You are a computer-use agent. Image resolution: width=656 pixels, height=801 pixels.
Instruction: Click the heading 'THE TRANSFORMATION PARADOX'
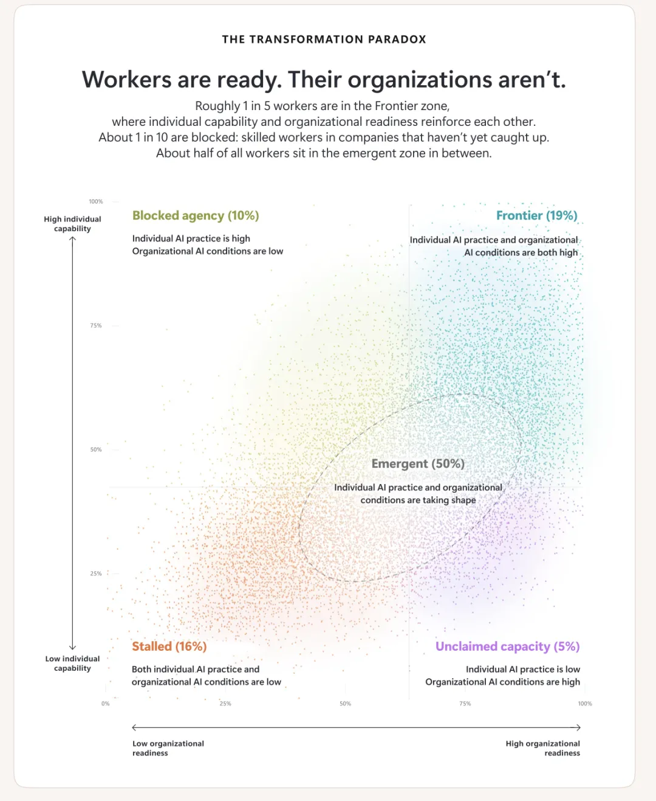[x=324, y=40]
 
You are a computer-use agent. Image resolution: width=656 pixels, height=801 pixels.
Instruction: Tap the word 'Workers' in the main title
[x=126, y=80]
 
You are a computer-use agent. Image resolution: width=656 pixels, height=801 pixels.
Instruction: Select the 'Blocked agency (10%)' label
[x=196, y=216]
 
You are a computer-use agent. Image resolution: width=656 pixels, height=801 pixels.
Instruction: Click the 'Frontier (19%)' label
[x=537, y=216]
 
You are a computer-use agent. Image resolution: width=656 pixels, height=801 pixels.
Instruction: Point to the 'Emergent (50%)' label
[x=418, y=463]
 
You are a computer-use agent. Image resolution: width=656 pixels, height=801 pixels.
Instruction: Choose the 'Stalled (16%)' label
[x=169, y=646]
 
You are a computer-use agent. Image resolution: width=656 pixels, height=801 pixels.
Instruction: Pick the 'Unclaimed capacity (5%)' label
[x=508, y=647]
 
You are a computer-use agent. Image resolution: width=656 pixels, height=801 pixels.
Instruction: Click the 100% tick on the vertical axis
[x=96, y=202]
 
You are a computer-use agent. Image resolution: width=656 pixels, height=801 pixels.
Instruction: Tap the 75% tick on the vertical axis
[x=96, y=325]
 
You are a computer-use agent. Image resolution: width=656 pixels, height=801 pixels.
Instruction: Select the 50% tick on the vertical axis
[x=96, y=449]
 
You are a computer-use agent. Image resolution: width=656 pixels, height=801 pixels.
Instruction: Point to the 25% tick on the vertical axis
[x=96, y=574]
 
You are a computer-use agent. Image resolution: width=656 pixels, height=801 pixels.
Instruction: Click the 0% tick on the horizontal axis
[x=106, y=704]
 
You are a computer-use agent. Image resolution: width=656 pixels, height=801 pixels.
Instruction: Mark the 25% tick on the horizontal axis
[x=225, y=704]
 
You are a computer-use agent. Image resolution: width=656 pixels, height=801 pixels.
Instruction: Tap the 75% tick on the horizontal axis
[x=465, y=704]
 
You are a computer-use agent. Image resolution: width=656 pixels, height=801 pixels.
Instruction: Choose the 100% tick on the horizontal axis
[x=585, y=704]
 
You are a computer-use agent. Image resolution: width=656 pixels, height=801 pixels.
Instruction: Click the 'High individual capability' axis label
[x=72, y=224]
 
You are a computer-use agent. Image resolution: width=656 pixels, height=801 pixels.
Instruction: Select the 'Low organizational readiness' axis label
[x=168, y=748]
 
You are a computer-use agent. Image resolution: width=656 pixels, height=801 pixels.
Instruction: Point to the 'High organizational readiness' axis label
[x=543, y=748]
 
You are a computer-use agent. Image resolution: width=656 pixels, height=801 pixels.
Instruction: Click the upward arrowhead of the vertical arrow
[x=72, y=238]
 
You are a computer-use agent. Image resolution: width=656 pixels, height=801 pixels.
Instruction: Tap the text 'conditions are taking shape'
[x=418, y=500]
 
